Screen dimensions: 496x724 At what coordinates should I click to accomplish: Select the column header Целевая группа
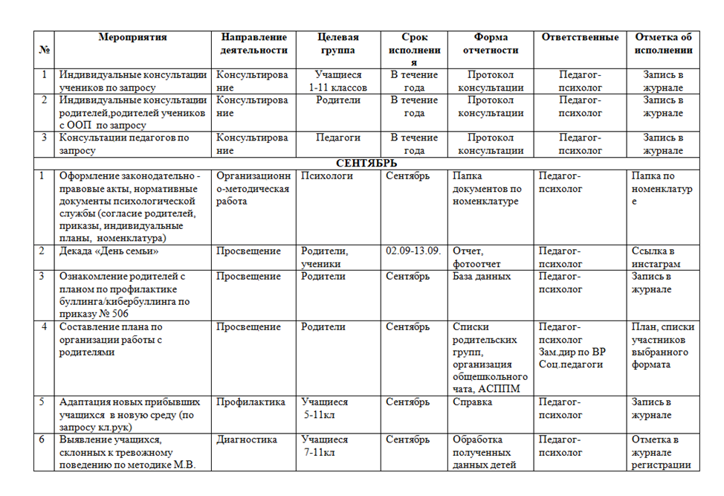337,44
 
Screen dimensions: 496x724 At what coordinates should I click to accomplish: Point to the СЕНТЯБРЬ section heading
366,163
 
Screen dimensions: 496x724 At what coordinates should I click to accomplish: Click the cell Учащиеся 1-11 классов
337,81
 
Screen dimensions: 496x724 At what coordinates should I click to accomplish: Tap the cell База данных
482,277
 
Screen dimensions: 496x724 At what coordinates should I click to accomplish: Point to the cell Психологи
326,176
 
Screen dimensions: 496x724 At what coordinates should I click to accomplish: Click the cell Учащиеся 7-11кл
325,445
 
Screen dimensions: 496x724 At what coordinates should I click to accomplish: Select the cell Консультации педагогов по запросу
123,144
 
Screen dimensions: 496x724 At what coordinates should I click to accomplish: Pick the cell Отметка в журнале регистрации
661,452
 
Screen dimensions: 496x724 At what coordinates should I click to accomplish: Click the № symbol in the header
45,50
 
